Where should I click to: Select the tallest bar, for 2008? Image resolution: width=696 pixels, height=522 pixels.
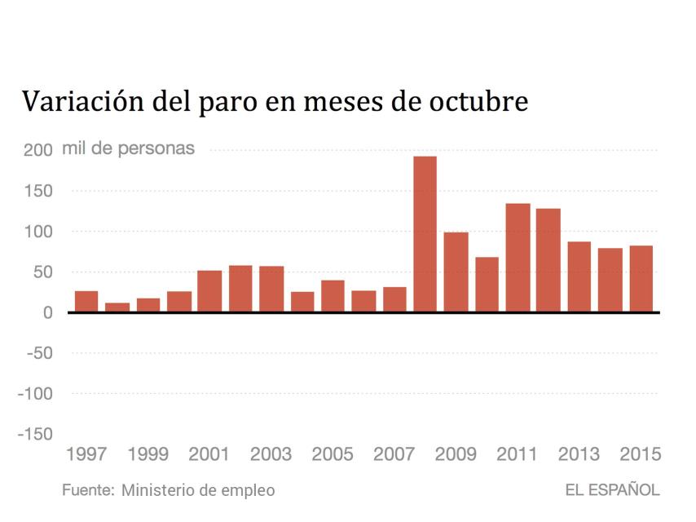(425, 234)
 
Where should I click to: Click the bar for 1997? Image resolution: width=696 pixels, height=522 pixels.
(86, 301)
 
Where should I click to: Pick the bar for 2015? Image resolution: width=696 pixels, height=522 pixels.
(641, 279)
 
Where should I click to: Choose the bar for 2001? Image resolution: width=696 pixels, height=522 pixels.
(209, 291)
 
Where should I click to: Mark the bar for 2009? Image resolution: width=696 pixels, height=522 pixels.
(456, 272)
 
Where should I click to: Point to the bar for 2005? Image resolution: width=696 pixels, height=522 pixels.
(333, 296)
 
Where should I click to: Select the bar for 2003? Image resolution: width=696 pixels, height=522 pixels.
(271, 289)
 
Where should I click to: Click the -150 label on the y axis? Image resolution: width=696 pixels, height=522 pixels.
(35, 434)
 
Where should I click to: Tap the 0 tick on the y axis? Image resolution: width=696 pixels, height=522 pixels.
(49, 312)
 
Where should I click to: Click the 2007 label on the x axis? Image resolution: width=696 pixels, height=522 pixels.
(394, 454)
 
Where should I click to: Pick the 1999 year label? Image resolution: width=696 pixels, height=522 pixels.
(148, 454)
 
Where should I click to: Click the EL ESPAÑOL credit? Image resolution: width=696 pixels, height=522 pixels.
(612, 490)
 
